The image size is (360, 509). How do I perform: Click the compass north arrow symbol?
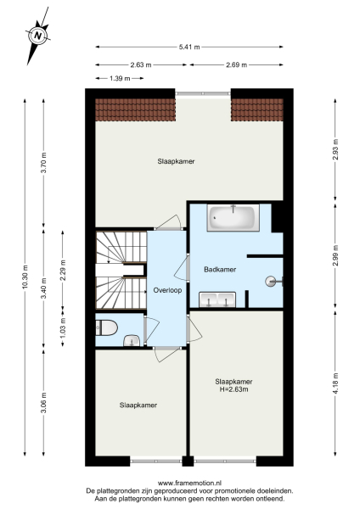coord(37,36)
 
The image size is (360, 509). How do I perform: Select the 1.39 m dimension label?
coord(120,79)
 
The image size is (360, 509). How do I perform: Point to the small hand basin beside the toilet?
coord(132,340)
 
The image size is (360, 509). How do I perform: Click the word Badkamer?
coord(220,269)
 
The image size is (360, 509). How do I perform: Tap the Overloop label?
coord(167,290)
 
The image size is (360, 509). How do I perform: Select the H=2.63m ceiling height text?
coord(234,390)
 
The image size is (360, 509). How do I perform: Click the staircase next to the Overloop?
coord(119,271)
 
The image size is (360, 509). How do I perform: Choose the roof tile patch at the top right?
coord(256,108)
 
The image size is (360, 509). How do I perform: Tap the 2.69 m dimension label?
coord(237,64)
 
